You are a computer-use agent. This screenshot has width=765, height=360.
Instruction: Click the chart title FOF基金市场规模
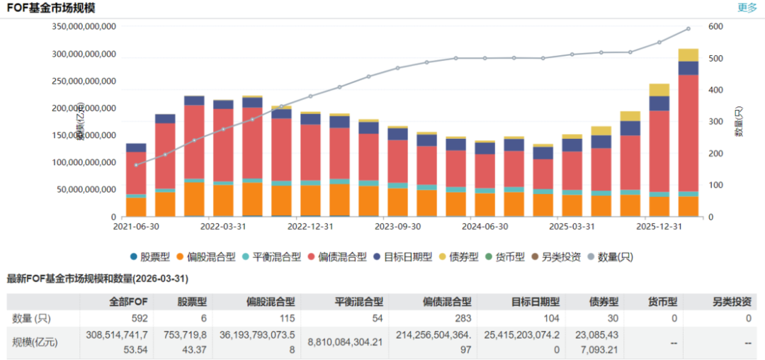50,9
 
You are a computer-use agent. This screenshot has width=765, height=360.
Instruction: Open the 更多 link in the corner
747,8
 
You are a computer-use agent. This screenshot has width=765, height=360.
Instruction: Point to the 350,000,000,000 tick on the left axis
84,26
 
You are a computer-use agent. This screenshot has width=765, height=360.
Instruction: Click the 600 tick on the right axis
715,26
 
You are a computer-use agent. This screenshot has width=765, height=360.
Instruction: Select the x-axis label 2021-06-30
137,227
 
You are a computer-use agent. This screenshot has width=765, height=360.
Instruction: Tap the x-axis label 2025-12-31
659,227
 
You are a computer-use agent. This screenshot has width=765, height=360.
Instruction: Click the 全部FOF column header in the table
110,301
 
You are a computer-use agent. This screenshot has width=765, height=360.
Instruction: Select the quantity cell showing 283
463,318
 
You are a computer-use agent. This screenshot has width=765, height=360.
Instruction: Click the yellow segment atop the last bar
688,55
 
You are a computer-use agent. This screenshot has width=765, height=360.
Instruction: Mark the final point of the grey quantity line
688,29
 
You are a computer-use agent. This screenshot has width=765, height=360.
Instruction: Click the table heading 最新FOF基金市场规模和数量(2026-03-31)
97,279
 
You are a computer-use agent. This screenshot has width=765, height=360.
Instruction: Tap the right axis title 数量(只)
738,121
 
